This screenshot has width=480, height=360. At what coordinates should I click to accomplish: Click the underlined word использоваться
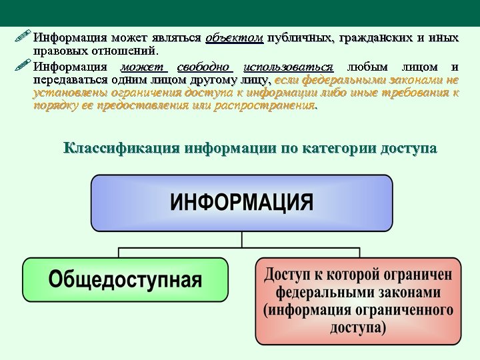coord(289,67)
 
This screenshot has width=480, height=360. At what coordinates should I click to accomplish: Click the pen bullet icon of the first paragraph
coord(23,37)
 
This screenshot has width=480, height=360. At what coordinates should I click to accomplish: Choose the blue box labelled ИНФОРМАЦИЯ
coord(241,203)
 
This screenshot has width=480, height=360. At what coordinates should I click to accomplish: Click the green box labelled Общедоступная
coord(125,279)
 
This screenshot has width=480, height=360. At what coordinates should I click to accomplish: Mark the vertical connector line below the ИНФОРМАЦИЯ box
coord(241,239)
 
